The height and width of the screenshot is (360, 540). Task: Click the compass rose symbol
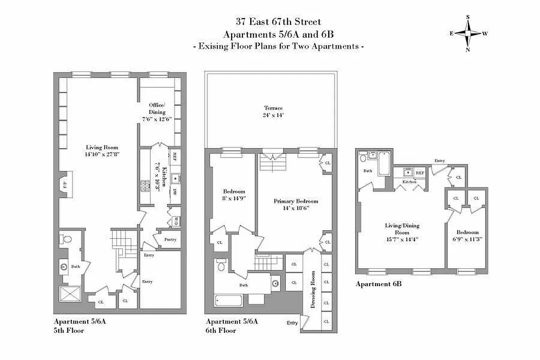click(468, 33)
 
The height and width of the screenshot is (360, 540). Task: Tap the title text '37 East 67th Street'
click(279, 22)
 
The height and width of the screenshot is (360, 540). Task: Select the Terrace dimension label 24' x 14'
click(273, 115)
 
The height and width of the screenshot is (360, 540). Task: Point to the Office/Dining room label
click(157, 108)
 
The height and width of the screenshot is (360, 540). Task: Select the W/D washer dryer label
click(176, 220)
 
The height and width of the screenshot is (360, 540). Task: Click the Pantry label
click(170, 239)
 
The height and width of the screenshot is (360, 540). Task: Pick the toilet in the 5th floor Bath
click(66, 240)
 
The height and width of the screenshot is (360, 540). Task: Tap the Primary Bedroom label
click(296, 202)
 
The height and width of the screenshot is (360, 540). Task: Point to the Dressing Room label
click(313, 289)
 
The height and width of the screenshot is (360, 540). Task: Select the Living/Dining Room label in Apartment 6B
click(396, 229)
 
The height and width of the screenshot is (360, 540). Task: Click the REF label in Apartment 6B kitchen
click(420, 173)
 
